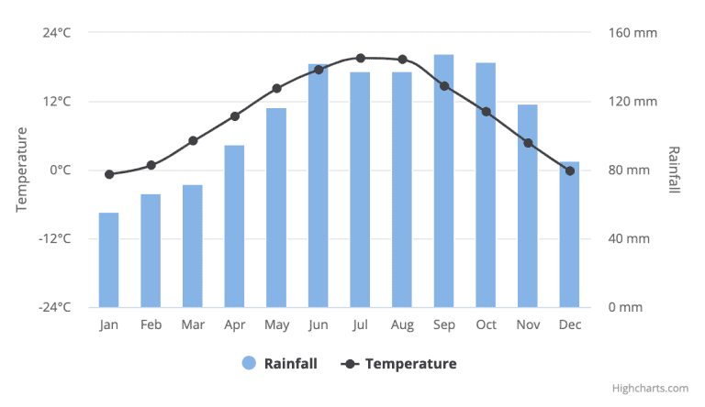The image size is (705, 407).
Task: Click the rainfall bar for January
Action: click(x=109, y=260)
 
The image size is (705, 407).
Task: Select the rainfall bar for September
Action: click(x=444, y=181)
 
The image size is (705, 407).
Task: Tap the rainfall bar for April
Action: click(x=235, y=226)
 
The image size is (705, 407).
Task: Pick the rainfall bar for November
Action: click(x=528, y=206)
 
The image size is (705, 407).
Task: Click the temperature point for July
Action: click(x=361, y=58)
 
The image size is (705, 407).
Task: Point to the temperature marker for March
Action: click(x=193, y=141)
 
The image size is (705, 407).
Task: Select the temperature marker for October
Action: click(x=486, y=112)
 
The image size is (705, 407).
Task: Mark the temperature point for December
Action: click(x=570, y=170)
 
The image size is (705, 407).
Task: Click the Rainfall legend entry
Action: click(x=280, y=363)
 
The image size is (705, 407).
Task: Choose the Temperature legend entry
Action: click(x=399, y=363)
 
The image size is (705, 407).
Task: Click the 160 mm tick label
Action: click(x=633, y=33)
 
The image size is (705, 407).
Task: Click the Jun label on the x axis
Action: click(x=319, y=324)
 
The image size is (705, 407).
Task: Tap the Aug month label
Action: click(x=402, y=324)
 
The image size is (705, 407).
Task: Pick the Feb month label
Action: click(x=151, y=324)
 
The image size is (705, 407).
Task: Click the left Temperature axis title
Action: click(x=22, y=170)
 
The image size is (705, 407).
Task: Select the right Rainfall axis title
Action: click(x=674, y=170)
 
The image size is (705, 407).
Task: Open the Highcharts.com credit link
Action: click(x=653, y=389)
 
